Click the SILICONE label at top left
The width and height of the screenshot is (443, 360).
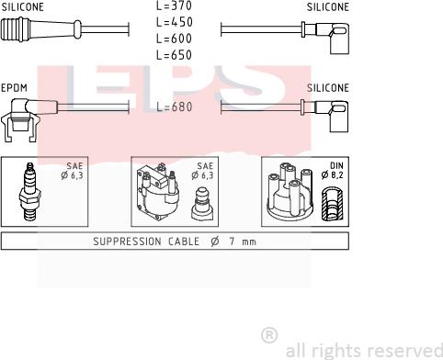pyautogui.click(x=23, y=6)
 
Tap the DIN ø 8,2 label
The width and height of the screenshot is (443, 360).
pyautogui.click(x=333, y=171)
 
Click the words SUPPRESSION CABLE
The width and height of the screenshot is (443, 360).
pyautogui.click(x=143, y=242)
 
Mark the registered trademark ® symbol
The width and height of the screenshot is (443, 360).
pyautogui.click(x=269, y=334)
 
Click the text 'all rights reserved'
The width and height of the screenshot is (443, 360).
pyautogui.click(x=364, y=350)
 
